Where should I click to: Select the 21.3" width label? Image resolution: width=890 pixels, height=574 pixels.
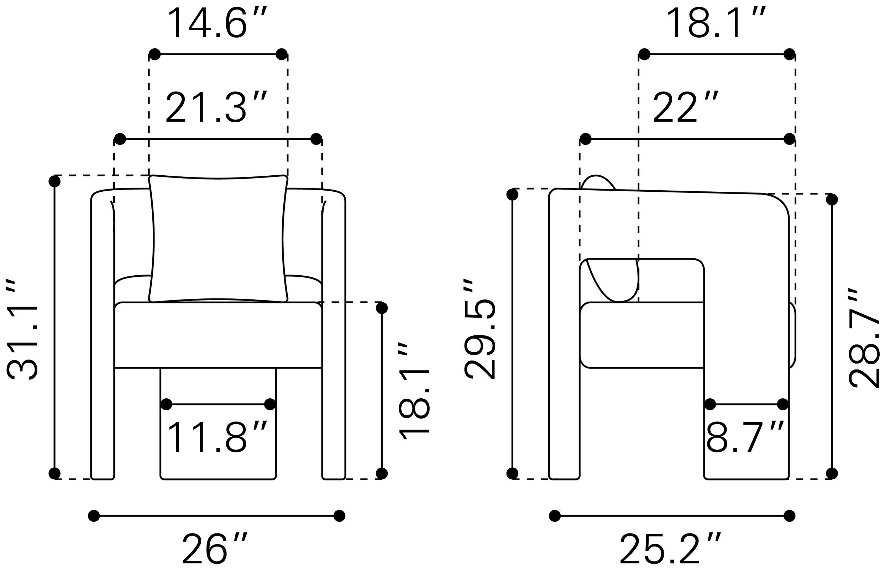(x=216, y=108)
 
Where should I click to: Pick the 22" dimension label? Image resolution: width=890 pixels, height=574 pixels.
(x=685, y=108)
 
